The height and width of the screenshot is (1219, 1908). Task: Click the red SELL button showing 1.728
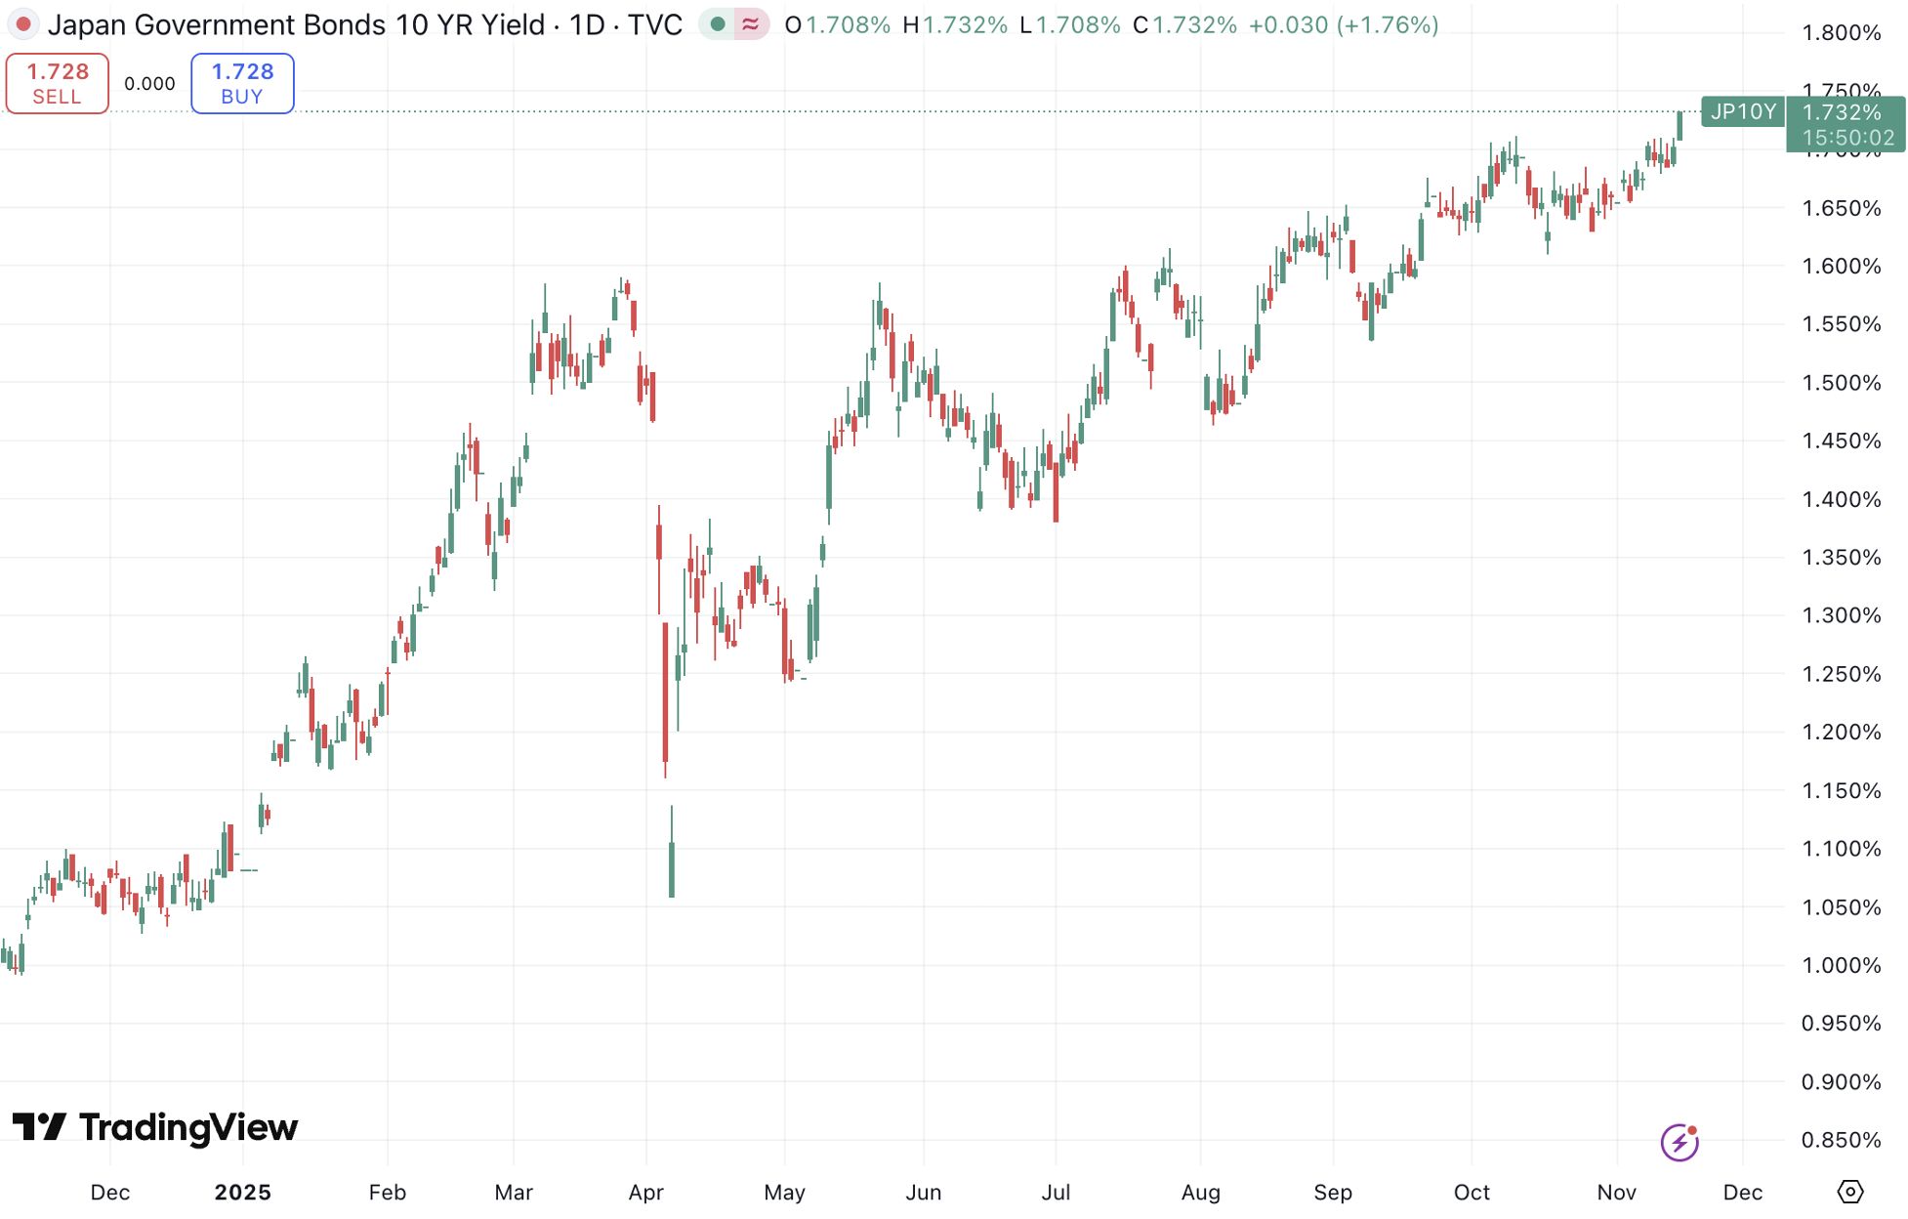click(x=58, y=83)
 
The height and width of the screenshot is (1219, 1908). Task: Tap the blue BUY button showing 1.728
click(x=242, y=83)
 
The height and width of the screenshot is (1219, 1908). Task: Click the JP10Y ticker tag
click(x=1742, y=111)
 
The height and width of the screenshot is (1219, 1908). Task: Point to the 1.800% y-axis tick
click(x=1841, y=32)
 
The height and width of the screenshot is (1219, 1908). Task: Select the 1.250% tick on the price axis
click(x=1841, y=674)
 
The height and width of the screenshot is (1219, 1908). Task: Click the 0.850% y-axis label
click(x=1841, y=1140)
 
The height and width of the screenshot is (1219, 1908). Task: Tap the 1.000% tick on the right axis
click(x=1841, y=965)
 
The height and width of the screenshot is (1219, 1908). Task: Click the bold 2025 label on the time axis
click(x=242, y=1192)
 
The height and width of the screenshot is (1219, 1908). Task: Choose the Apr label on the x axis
click(x=645, y=1192)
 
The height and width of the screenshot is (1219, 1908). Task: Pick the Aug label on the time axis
click(x=1200, y=1192)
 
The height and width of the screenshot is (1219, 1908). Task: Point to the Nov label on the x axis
click(x=1616, y=1192)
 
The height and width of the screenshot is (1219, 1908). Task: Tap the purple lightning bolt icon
click(x=1680, y=1142)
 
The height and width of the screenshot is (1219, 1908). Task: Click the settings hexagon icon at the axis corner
click(x=1849, y=1192)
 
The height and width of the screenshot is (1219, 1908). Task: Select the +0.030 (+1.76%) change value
click(x=1344, y=24)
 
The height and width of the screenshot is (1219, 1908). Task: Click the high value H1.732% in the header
click(x=954, y=24)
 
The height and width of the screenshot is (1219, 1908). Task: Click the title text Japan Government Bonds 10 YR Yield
click(x=296, y=24)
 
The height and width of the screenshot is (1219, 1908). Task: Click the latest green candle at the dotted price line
click(x=1680, y=125)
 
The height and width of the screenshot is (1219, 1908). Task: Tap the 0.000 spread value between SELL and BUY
click(x=149, y=84)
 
